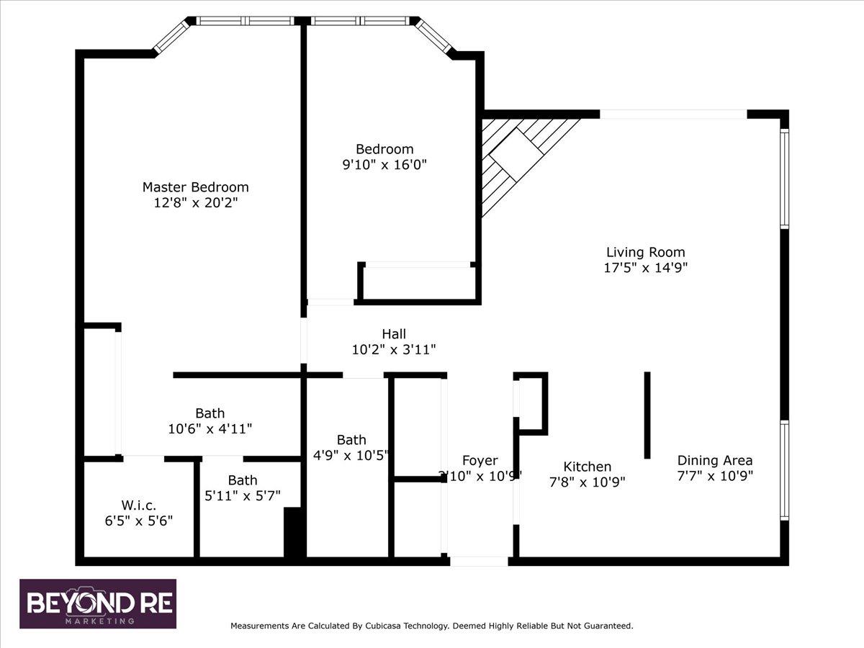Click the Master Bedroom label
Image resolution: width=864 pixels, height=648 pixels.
click(196, 187)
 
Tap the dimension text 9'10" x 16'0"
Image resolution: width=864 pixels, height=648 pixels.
click(384, 164)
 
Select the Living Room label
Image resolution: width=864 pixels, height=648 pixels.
click(646, 252)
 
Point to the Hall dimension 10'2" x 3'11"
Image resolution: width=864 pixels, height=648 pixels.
click(394, 349)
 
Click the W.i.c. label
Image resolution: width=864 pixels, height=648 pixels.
click(138, 505)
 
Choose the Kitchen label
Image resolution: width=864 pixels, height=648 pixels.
click(588, 467)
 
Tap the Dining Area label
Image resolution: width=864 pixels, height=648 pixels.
click(715, 460)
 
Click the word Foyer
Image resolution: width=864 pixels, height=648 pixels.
click(480, 460)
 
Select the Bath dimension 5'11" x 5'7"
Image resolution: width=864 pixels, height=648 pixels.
click(243, 496)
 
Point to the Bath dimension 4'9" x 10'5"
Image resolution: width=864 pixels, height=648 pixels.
click(351, 455)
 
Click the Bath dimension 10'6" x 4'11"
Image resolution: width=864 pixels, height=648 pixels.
click(210, 428)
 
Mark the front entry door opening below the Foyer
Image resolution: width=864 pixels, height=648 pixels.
click(479, 561)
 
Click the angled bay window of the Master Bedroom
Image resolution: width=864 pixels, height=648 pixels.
click(172, 37)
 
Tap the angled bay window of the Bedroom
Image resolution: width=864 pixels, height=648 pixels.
click(433, 36)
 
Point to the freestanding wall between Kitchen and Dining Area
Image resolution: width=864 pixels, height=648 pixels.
click(647, 415)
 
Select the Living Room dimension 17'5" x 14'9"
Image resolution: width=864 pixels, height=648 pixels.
click(646, 268)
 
